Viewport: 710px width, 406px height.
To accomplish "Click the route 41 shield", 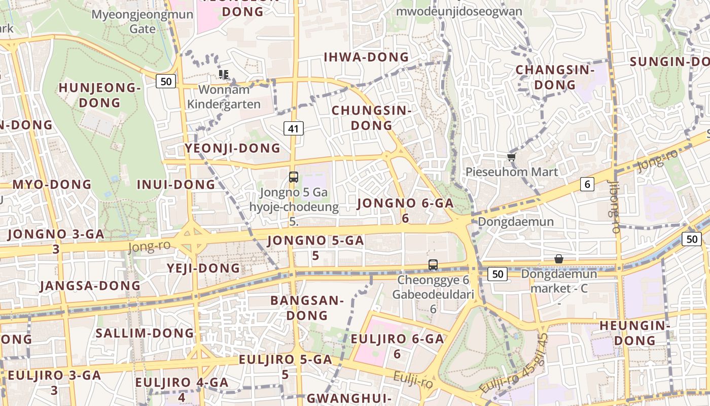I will coord(293,128).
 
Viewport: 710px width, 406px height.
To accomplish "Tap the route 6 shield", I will coord(587,184).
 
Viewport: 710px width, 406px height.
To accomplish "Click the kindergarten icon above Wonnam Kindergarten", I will coord(224,75).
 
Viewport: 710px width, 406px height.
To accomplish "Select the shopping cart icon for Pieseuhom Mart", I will coord(511,157).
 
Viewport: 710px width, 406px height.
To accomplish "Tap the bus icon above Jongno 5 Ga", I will coord(294,177).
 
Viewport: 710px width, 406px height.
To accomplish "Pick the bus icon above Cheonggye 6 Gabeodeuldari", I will coord(433,264).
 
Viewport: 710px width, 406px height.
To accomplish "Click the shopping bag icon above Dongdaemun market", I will coord(558,259).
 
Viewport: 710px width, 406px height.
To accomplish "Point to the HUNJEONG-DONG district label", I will coord(99,95).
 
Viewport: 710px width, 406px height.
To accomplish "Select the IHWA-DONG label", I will coord(366,57).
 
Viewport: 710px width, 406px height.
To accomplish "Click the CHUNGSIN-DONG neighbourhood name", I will coord(371,117).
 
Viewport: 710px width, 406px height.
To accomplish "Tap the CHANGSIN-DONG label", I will coord(554,77).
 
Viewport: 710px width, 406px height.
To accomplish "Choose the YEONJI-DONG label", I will coord(232,148).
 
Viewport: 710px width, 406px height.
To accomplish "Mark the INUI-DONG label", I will coord(176,184).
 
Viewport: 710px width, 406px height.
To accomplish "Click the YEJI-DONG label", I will coord(203,268).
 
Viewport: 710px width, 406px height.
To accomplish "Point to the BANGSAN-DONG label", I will coord(307,308).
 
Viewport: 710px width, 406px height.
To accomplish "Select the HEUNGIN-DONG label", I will coord(634,332).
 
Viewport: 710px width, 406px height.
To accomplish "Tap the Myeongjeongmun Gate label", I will coord(143,21).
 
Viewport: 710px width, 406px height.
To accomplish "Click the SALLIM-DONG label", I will coord(145,333).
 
